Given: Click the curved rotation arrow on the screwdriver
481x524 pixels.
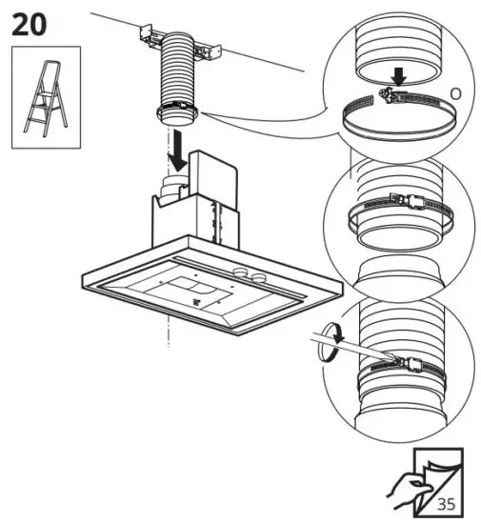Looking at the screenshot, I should pyautogui.click(x=330, y=340).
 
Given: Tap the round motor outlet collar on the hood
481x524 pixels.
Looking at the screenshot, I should pyautogui.click(x=173, y=185).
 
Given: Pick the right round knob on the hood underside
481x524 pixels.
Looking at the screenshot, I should pyautogui.click(x=258, y=274).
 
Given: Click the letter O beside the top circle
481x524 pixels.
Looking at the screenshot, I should pyautogui.click(x=455, y=95).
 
